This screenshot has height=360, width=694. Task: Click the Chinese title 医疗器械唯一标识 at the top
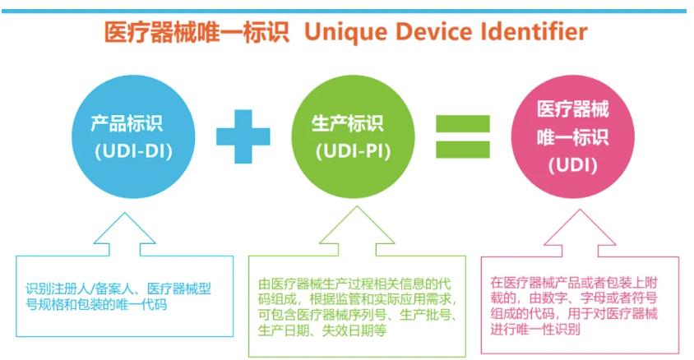pyautogui.click(x=197, y=32)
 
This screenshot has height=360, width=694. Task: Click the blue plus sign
pyautogui.click(x=243, y=136)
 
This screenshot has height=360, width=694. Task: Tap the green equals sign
pyautogui.click(x=463, y=136)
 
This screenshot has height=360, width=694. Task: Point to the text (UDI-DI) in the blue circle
pyautogui.click(x=133, y=152)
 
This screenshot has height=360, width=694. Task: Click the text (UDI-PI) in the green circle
pyautogui.click(x=354, y=152)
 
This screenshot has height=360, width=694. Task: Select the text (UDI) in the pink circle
pyautogui.click(x=573, y=165)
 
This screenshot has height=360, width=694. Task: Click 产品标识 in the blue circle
pyautogui.click(x=127, y=123)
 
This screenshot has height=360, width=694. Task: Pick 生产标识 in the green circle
pyautogui.click(x=348, y=123)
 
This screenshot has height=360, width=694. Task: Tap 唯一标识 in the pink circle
pyautogui.click(x=573, y=137)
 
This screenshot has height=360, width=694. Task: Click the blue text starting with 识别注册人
pyautogui.click(x=118, y=297)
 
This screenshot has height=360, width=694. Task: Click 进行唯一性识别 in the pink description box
pyautogui.click(x=535, y=329)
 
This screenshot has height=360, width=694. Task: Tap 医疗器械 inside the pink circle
pyautogui.click(x=573, y=109)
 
